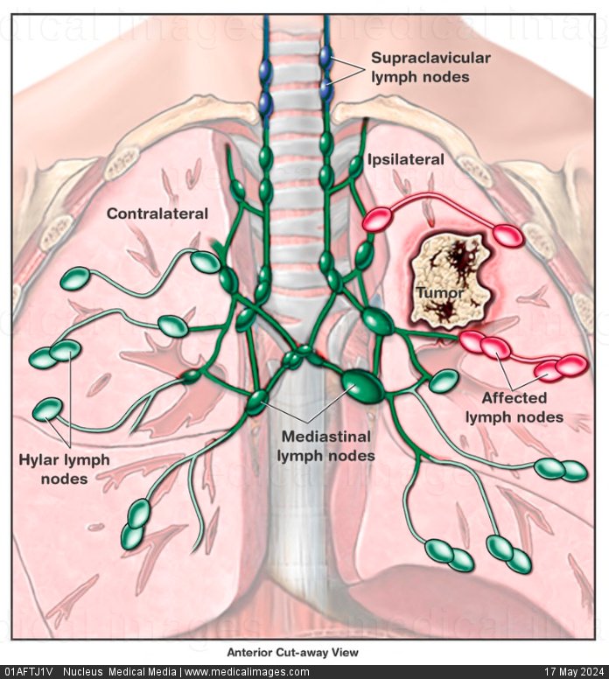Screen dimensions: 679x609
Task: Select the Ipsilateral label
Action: click(406, 159)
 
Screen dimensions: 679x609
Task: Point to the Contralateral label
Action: click(157, 213)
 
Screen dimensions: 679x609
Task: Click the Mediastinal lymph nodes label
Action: click(326, 445)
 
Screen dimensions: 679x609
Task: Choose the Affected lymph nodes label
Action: click(514, 409)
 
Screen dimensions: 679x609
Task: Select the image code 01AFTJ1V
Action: click(28, 672)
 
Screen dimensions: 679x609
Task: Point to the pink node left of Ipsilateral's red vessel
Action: click(377, 220)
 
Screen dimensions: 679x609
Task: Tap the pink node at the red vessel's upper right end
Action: click(507, 234)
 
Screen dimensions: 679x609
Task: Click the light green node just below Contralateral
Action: click(206, 261)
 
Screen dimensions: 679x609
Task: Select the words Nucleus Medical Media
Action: click(119, 672)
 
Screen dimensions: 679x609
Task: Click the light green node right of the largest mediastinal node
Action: click(444, 381)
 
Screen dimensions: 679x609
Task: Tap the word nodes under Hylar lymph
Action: click(66, 479)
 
